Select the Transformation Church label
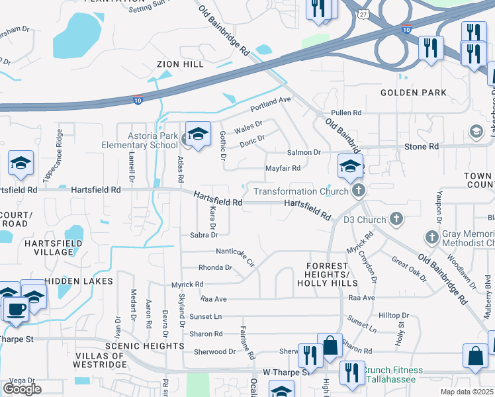301,192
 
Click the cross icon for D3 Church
396,218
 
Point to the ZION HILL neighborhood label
180,64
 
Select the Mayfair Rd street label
283,168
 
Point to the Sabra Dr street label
203,234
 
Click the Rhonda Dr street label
215,268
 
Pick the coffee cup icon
16,308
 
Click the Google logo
22,388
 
